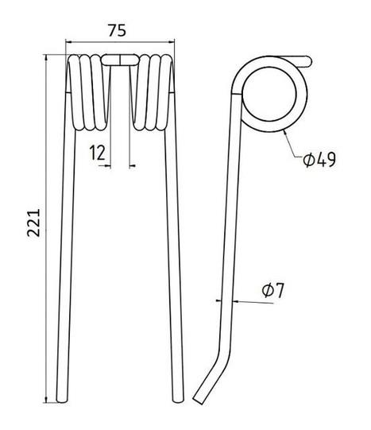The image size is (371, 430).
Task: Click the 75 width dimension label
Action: [117, 30]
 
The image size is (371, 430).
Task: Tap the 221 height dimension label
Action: [33, 223]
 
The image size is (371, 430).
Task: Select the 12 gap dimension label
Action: [97, 153]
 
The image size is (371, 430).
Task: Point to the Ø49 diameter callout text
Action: [319, 160]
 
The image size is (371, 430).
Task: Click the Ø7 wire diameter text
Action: [273, 291]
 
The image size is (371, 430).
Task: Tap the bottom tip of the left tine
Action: [61, 402]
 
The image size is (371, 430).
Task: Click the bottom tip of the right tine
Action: [178, 402]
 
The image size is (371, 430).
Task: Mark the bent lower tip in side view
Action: [198, 401]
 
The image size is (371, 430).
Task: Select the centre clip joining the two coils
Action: [120, 60]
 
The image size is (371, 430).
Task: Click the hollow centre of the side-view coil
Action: [269, 94]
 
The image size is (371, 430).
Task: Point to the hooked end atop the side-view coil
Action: [307, 61]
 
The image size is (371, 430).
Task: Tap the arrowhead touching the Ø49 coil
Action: [285, 133]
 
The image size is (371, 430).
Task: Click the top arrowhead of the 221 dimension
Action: [46, 57]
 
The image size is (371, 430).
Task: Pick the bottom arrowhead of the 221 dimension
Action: [46, 400]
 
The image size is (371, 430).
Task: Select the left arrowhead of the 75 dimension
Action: [69, 42]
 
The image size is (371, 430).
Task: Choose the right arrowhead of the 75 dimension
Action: [172, 42]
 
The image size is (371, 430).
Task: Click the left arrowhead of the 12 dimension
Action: [108, 165]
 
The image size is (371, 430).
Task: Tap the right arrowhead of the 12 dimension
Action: [132, 165]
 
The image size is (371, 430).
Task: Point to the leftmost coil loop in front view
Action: [74, 92]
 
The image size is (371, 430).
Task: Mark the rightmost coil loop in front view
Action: [166, 92]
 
